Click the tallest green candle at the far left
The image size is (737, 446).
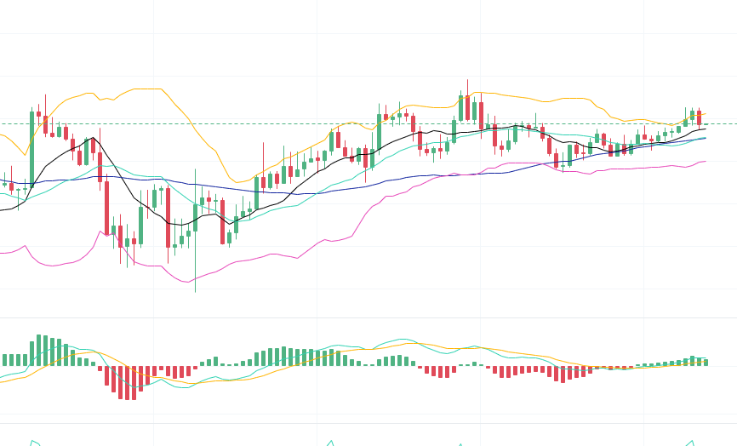coord(31,149)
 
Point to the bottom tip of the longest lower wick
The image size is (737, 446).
coord(195,292)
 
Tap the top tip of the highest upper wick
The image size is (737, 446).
coord(467,80)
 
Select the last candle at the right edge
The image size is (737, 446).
coord(706,124)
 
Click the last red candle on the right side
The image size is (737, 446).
coord(699,117)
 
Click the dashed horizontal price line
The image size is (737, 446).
coord(255,123)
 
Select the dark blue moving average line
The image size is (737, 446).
coord(255,191)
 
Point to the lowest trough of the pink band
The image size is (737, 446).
coord(187,282)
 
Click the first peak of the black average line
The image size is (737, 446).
coord(94,139)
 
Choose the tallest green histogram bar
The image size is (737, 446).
coord(38,350)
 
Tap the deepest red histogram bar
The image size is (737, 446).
coord(127,383)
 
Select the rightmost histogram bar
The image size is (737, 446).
coord(706,362)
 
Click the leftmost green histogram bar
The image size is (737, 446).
coord(4,360)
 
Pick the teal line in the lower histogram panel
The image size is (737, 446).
coord(400,340)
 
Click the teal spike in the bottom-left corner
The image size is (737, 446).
coord(33,442)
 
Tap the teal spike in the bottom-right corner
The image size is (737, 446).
coord(691,443)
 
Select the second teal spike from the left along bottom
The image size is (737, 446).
coord(330,443)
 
